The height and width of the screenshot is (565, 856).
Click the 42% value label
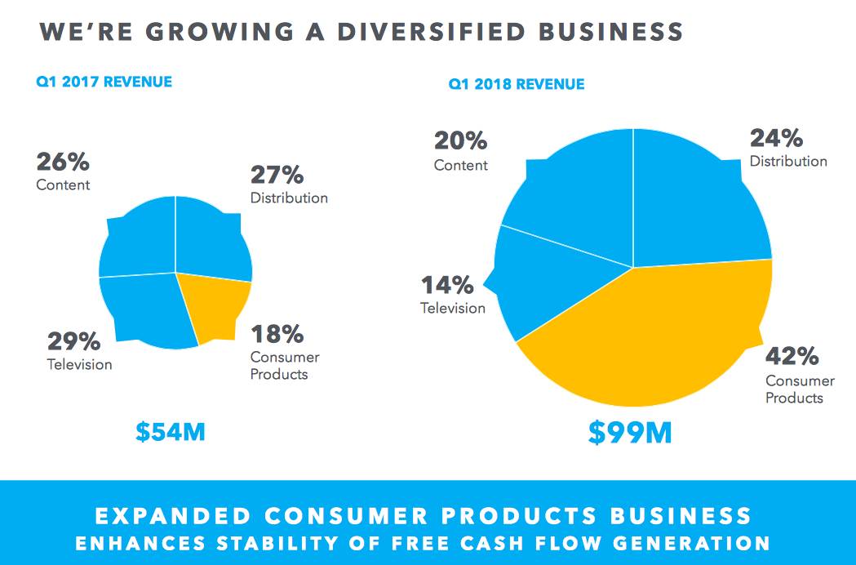pyautogui.click(x=792, y=357)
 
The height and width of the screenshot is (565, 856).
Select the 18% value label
pyautogui.click(x=277, y=334)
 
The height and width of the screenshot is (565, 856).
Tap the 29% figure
pyautogui.click(x=73, y=340)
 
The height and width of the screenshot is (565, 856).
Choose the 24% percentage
pyautogui.click(x=776, y=137)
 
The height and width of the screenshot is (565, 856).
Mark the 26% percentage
pyautogui.click(x=63, y=162)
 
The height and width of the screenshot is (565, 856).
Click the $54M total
pyautogui.click(x=170, y=432)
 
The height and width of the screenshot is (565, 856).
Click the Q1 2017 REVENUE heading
pyautogui.click(x=104, y=82)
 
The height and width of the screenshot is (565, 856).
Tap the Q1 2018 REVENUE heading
pyautogui.click(x=516, y=84)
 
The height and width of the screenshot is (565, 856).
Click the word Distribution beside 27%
pyautogui.click(x=289, y=198)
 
